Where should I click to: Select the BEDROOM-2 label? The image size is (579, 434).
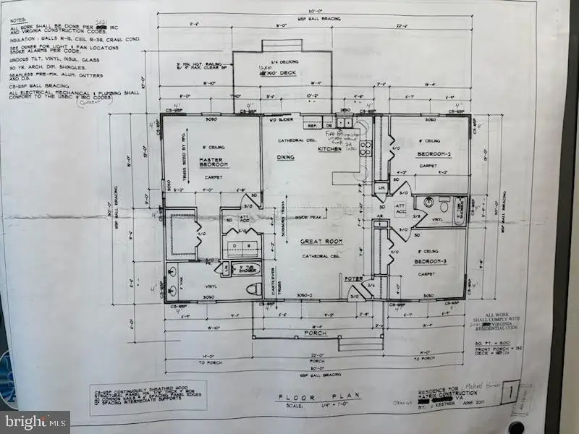pyautogui.click(x=434, y=155)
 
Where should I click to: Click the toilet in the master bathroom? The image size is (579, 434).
pyautogui.click(x=253, y=289)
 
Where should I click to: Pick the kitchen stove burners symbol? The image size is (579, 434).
pyautogui.click(x=366, y=148)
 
